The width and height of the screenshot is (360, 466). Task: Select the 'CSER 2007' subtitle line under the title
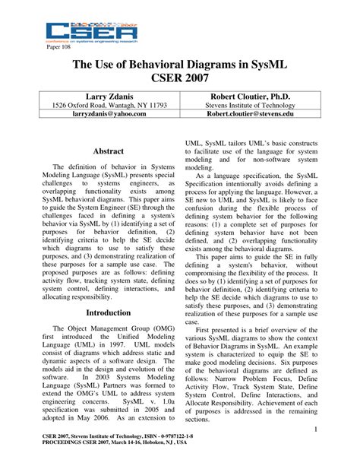pyautogui.click(x=180, y=81)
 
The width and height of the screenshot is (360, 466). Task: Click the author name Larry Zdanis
pyautogui.click(x=96, y=97)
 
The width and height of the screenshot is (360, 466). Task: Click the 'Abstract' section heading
pyautogui.click(x=108, y=152)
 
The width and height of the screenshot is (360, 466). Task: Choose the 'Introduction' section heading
pyautogui.click(x=108, y=312)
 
